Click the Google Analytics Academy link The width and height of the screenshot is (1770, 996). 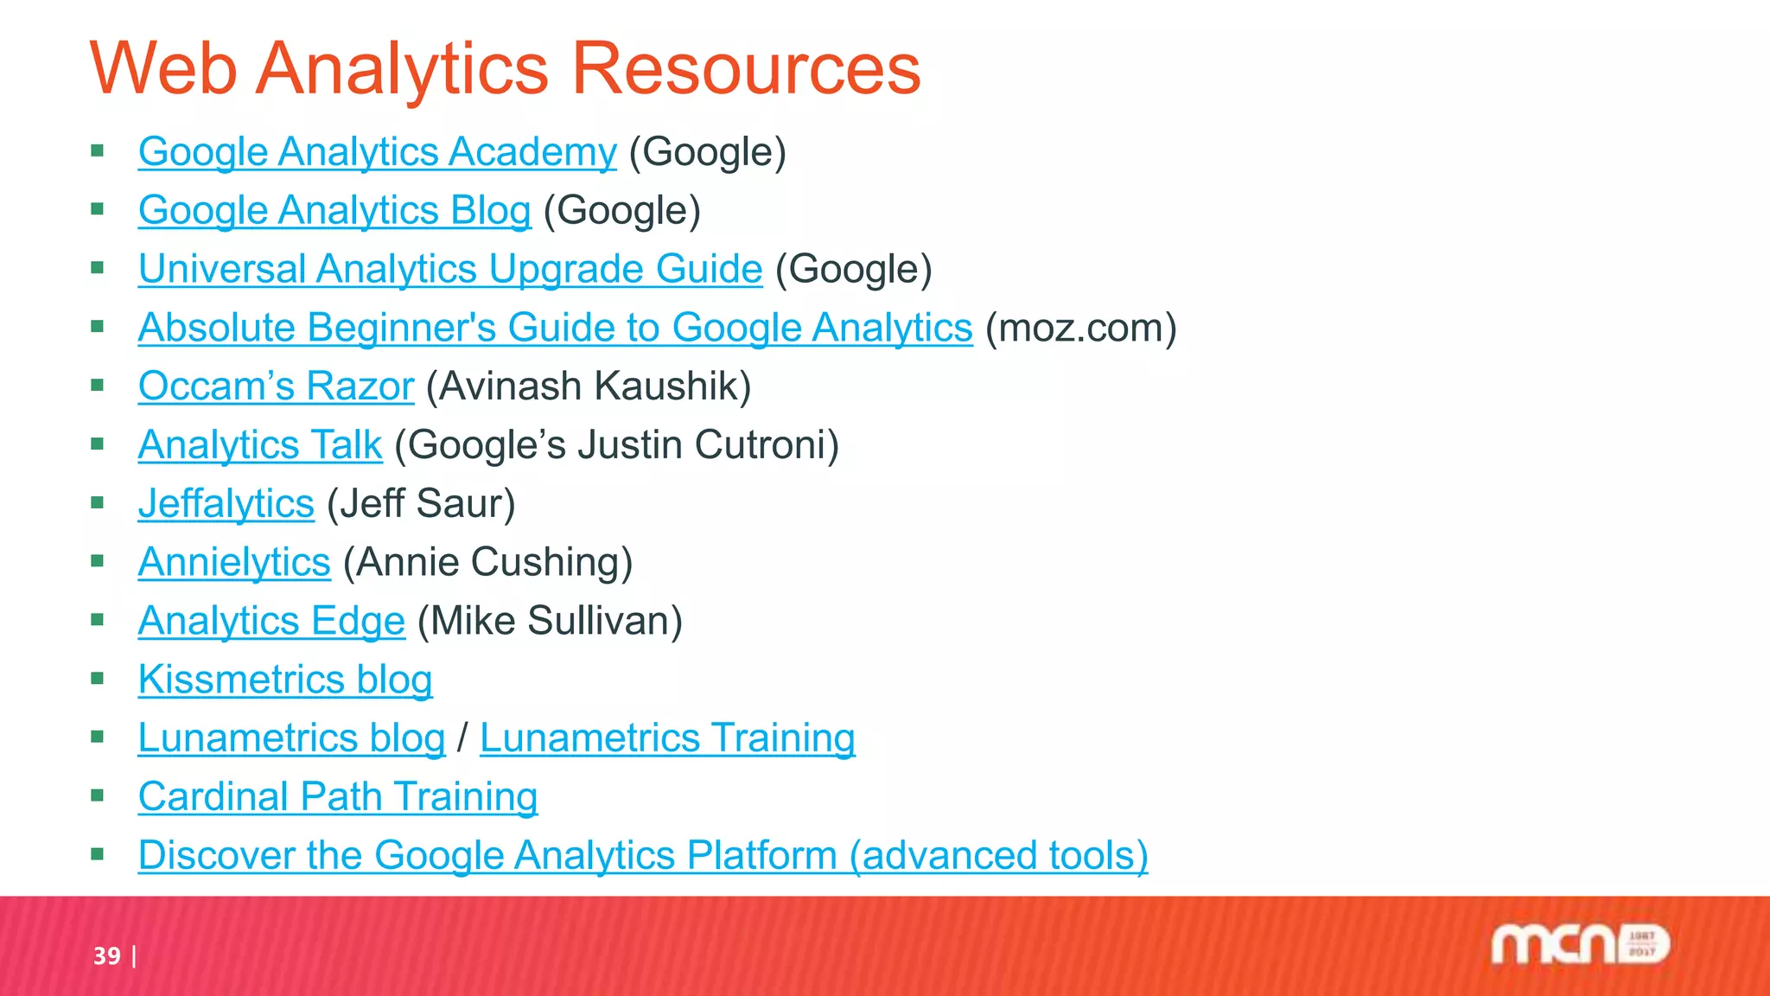[377, 152]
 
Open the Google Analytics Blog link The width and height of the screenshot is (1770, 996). [334, 211]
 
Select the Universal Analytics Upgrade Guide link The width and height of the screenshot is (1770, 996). [449, 269]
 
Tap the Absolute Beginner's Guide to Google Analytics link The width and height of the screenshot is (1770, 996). [555, 328]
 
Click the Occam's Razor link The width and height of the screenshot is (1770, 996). [276, 386]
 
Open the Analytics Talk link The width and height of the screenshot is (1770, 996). [259, 445]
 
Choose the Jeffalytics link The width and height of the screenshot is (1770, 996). [226, 504]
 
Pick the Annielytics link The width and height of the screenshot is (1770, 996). [234, 562]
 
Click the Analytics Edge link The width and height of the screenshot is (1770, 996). [271, 621]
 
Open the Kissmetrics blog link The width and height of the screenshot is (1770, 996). [284, 680]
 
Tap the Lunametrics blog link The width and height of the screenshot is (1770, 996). [291, 738]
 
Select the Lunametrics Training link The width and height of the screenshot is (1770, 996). [667, 738]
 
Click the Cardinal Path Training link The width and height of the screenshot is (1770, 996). [337, 797]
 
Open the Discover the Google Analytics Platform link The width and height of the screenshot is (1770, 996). [642, 856]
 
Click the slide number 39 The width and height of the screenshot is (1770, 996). [107, 956]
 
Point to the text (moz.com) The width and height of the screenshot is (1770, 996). [1081, 328]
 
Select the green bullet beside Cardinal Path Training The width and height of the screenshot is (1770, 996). [97, 795]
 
